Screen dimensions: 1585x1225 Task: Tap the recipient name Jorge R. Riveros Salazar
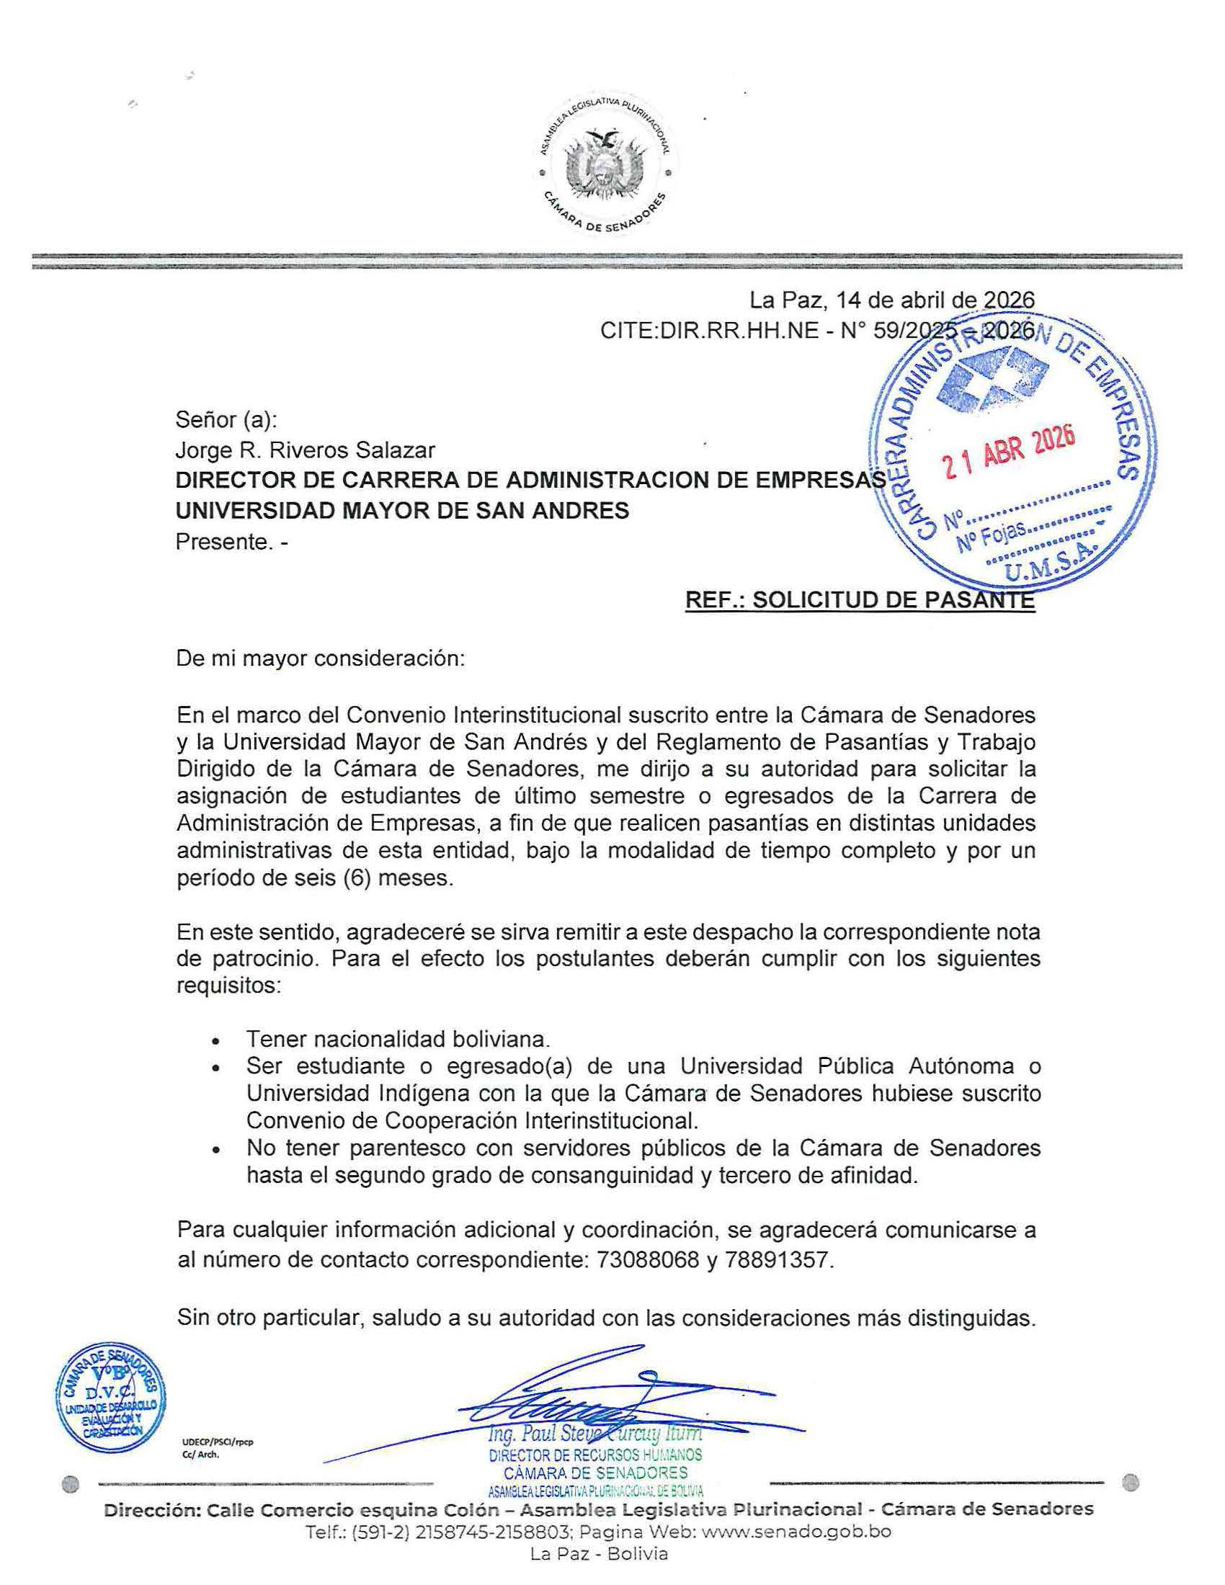tap(305, 451)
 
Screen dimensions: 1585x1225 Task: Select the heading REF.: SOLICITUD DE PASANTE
tap(860, 600)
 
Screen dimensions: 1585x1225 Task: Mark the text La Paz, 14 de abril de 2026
tap(892, 300)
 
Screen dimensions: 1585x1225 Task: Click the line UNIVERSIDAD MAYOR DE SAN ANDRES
tap(402, 511)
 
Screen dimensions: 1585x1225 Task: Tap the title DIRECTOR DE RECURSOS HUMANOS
tap(595, 1455)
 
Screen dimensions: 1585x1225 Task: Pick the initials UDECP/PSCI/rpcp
tap(218, 1442)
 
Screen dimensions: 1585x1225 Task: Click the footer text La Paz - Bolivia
tap(599, 1554)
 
